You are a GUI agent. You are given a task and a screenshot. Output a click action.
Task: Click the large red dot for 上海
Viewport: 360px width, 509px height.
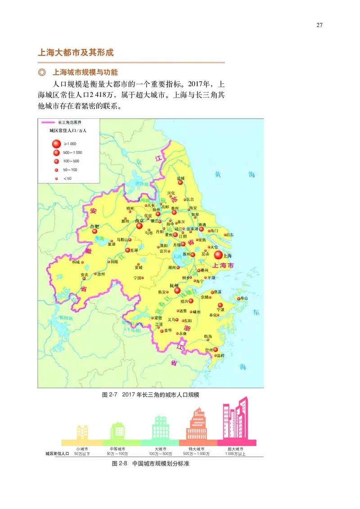(x=218, y=255)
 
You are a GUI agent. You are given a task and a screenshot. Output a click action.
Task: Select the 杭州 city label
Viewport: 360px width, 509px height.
(x=174, y=286)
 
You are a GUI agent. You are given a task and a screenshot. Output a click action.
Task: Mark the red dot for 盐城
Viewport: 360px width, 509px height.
(x=180, y=182)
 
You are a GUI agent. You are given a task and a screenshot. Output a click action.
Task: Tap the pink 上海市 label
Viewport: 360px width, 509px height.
(x=223, y=266)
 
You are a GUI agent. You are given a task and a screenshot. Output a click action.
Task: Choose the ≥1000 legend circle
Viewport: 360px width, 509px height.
(x=56, y=144)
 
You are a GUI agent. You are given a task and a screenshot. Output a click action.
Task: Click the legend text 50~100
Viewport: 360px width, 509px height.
(x=70, y=170)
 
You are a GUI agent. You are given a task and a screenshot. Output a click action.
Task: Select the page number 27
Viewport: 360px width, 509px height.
(x=319, y=25)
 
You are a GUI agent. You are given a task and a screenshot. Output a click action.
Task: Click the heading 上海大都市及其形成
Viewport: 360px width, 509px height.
(x=76, y=52)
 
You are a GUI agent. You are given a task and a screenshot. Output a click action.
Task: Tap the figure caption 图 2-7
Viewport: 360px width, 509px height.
(x=109, y=394)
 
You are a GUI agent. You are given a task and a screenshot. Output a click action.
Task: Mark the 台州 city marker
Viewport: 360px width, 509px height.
(x=216, y=349)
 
